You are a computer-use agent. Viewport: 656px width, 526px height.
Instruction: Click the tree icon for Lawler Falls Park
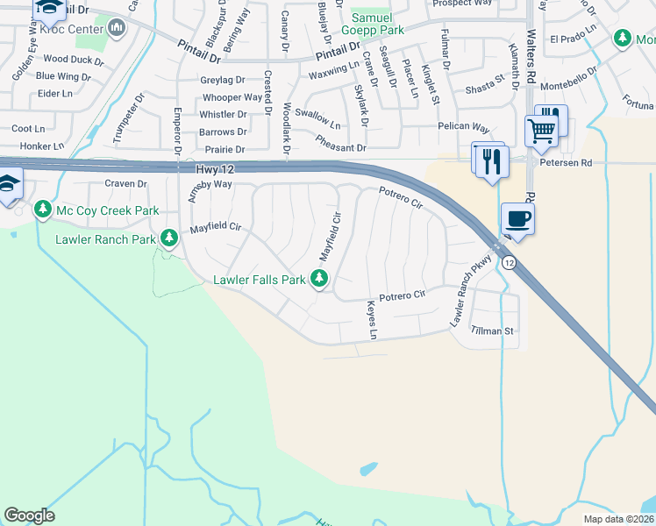[x=320, y=279]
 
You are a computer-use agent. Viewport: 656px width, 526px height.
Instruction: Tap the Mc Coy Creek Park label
[x=107, y=210]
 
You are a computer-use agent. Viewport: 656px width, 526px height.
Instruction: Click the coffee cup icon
[x=518, y=220]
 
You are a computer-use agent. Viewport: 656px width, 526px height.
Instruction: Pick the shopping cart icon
[x=542, y=132]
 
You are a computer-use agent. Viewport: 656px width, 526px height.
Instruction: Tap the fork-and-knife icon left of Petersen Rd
[x=489, y=161]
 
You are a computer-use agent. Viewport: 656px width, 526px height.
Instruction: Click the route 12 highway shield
[x=509, y=262]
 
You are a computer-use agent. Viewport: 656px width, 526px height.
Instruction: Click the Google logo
[x=29, y=515]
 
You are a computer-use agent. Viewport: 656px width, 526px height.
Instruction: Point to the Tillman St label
[x=492, y=331]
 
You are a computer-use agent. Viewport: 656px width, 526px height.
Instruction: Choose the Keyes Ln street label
[x=372, y=322]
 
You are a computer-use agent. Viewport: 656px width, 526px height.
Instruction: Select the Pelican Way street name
[x=463, y=127]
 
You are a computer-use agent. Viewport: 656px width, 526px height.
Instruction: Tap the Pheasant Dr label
[x=340, y=148]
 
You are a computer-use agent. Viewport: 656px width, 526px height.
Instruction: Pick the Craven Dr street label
[x=125, y=183]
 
